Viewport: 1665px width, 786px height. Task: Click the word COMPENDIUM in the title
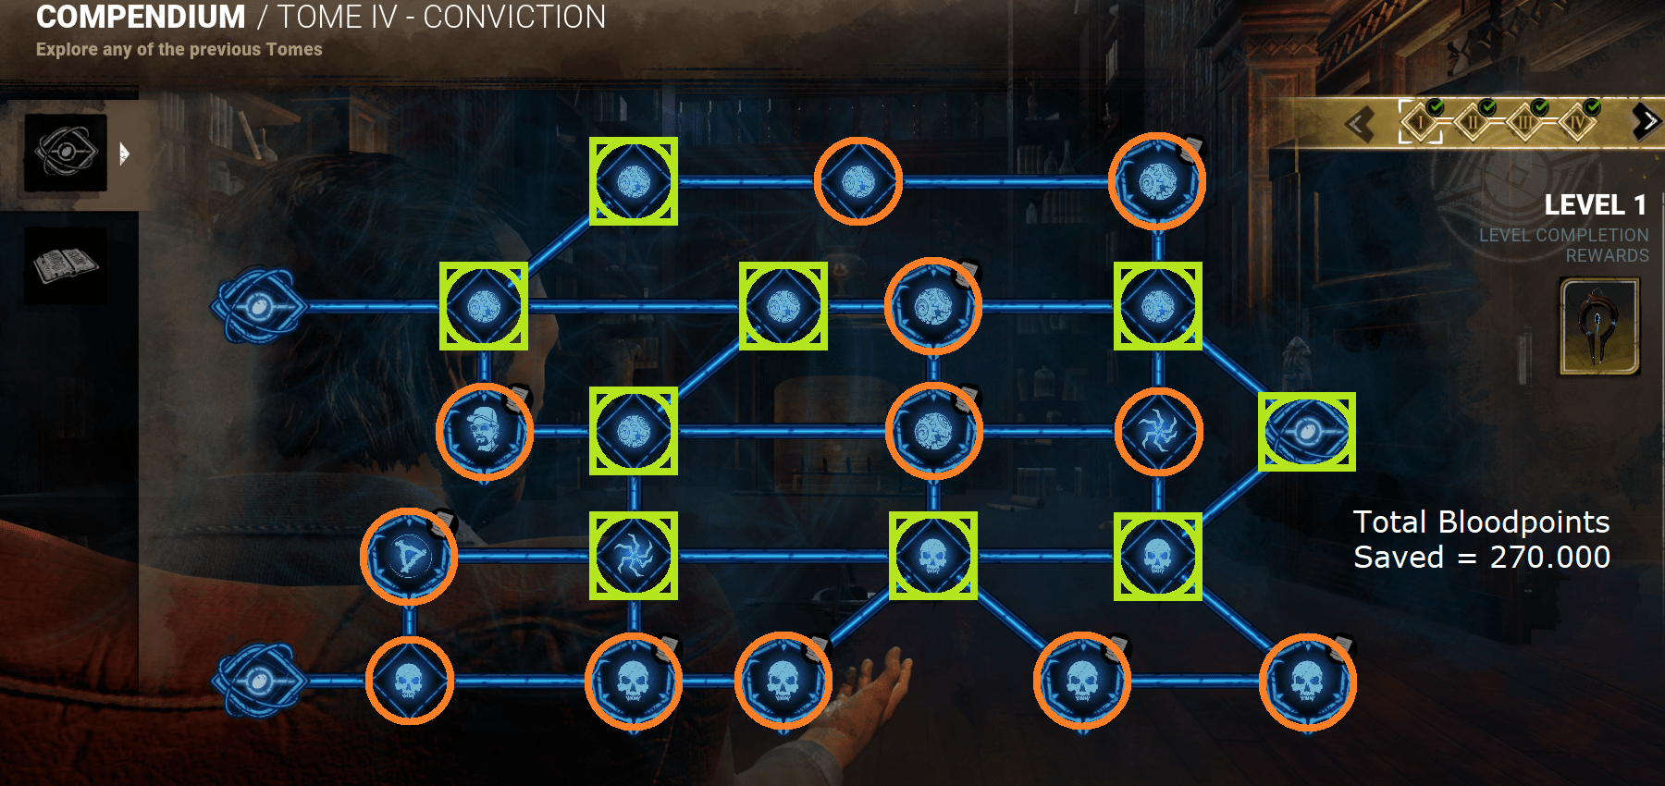tap(141, 18)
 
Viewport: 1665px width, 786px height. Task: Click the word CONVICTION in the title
tap(514, 18)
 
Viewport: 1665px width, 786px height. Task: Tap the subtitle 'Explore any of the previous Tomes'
tap(179, 50)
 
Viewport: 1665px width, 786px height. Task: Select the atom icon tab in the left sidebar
tap(66, 153)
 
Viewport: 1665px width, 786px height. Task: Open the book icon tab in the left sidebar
tap(66, 266)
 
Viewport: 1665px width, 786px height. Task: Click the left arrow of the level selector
tap(1359, 124)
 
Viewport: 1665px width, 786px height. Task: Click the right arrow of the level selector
tap(1646, 121)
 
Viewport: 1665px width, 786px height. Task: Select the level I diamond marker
tap(1420, 122)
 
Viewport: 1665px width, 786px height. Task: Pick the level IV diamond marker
tap(1577, 122)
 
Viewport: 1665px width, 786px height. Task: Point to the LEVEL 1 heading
tap(1595, 204)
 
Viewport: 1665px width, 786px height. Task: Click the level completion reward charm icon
tap(1599, 327)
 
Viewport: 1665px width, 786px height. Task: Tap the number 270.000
tap(1550, 558)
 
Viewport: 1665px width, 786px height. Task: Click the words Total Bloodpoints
tap(1481, 522)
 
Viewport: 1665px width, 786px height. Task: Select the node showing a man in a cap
tap(484, 431)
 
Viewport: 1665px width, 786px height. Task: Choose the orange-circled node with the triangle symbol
tap(409, 557)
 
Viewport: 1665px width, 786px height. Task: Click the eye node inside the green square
tap(1306, 432)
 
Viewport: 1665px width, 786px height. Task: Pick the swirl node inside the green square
tap(634, 556)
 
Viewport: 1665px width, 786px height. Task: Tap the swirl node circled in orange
tap(1158, 432)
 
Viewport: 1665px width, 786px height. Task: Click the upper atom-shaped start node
tap(258, 306)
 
